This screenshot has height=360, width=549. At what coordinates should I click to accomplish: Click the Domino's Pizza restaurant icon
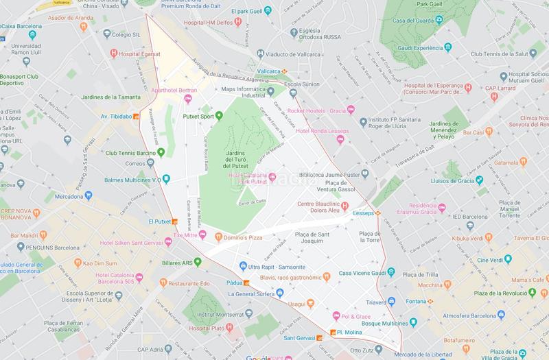pyautogui.click(x=218, y=237)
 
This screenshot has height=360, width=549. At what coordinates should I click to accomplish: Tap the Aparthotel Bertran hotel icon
pyautogui.click(x=188, y=101)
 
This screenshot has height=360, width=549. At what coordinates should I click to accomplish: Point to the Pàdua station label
pyautogui.click(x=234, y=281)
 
